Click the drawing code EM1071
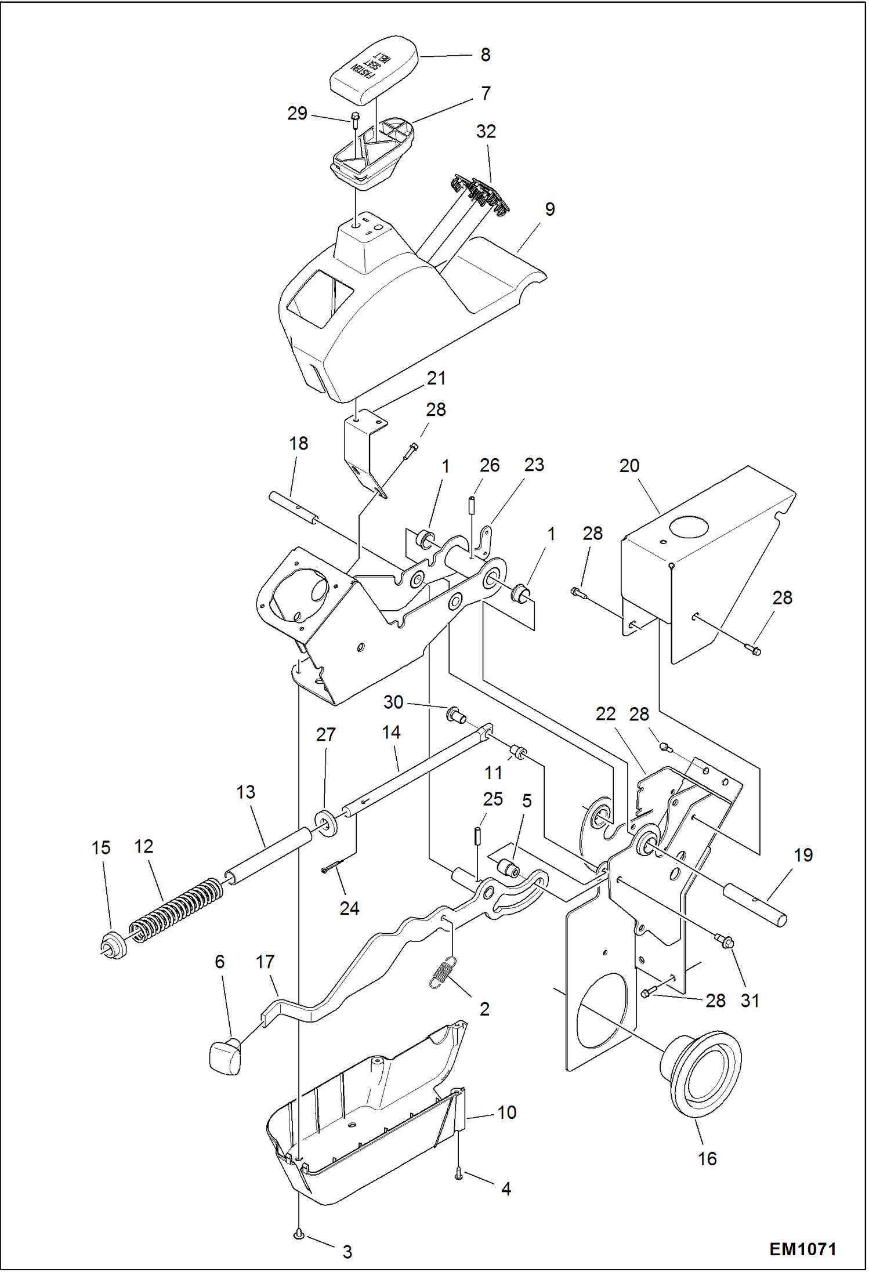click(x=802, y=1248)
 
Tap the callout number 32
click(x=486, y=132)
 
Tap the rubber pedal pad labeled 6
click(x=225, y=1057)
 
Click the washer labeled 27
click(x=327, y=823)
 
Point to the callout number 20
click(x=629, y=466)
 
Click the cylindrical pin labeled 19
click(x=755, y=903)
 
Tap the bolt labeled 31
click(x=725, y=941)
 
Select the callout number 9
click(x=549, y=209)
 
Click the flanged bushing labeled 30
click(x=455, y=714)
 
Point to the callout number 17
click(x=265, y=962)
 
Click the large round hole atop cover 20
click(x=689, y=527)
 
